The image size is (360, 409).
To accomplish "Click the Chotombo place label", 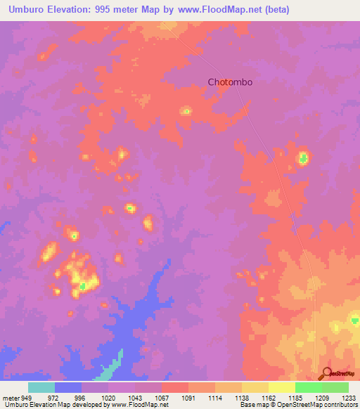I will pos(230,82).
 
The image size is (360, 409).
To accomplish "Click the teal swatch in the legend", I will pos(41,387).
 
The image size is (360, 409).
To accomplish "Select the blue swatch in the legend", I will pos(68,387).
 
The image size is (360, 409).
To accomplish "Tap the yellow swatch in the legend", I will pos(282,387).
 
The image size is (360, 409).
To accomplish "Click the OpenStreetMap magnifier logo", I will pos(327,374).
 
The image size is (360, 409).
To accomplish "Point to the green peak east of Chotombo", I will pos(303,157).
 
